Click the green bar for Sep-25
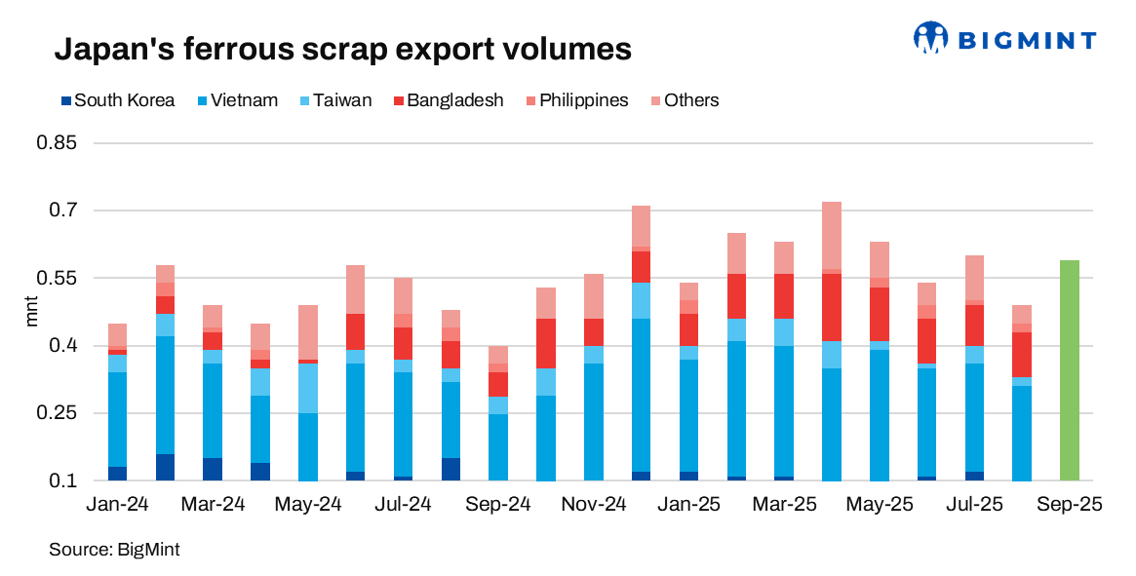1070,370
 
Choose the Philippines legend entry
576,100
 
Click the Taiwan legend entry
333,100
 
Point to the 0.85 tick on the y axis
58,143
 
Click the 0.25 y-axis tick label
58,413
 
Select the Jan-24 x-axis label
117,505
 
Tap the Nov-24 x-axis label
594,505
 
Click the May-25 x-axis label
880,505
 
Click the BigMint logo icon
930,38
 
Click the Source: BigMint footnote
114,550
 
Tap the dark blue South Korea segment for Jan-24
117,474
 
